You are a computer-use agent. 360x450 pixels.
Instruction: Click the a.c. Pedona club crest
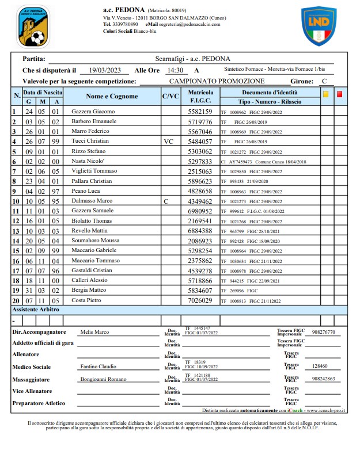click(33, 26)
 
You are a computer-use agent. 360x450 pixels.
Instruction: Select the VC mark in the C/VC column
click(168, 141)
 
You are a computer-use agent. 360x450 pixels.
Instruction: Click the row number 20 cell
click(16, 301)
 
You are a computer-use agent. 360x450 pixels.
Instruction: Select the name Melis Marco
click(94, 332)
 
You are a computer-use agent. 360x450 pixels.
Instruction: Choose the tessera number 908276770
click(326, 332)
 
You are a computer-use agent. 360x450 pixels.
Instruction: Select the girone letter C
click(324, 82)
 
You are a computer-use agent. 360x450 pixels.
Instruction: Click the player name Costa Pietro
click(87, 301)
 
